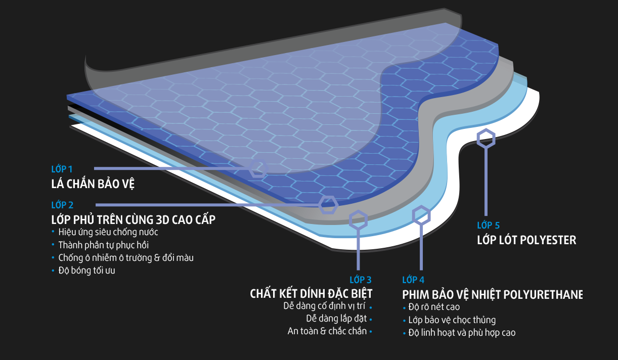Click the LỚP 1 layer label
coord(62,169)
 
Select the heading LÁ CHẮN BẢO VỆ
coord(93,184)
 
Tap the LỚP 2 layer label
coord(62,205)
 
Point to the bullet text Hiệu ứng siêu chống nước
coord(108,233)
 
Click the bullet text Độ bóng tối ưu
coord(87,271)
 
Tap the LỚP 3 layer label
coord(361,280)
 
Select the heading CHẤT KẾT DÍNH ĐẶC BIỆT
coord(311,294)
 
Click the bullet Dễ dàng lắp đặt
coord(336,319)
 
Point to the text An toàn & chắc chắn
coord(327,332)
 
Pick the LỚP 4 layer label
coord(413,280)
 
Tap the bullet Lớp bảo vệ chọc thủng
coord(452,320)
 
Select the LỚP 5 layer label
coord(488,226)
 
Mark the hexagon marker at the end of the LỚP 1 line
coord(258,168)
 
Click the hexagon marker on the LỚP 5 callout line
coord(487,138)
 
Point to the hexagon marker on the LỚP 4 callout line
coord(421,215)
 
